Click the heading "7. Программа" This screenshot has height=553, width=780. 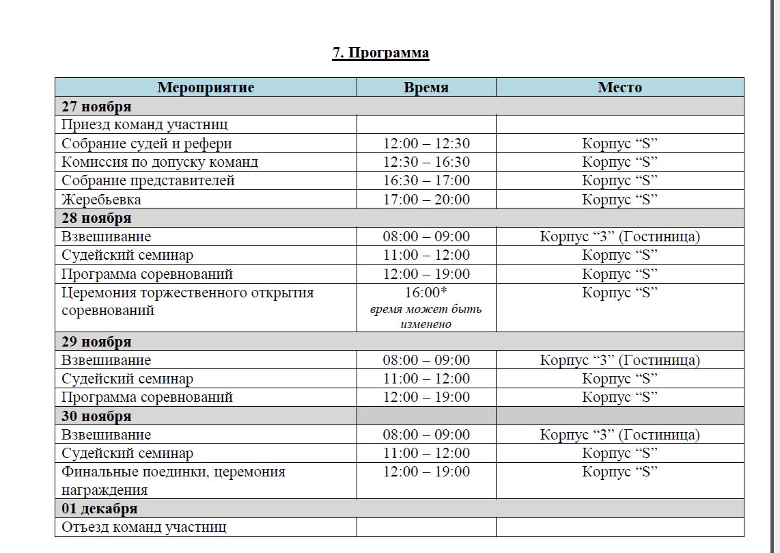(380, 53)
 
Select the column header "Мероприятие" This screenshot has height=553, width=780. (206, 87)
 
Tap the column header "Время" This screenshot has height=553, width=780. (426, 87)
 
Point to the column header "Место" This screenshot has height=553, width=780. (619, 87)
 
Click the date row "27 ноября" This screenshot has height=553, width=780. (96, 107)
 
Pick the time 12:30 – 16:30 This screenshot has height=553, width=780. (426, 163)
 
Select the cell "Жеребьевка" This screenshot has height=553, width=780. (102, 200)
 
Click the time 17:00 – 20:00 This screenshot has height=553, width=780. (426, 200)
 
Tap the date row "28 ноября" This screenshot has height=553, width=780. (96, 219)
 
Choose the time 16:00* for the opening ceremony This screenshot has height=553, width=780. (426, 293)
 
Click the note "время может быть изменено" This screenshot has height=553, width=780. (426, 316)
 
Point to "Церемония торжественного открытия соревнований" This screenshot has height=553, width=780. (187, 301)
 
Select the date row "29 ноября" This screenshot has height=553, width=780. (96, 342)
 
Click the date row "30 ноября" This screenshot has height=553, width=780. (96, 416)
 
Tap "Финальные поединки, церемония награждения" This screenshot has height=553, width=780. (173, 481)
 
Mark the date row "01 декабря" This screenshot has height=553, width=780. (100, 509)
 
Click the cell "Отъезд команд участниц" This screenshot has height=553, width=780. (144, 528)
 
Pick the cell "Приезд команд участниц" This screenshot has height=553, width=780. (145, 125)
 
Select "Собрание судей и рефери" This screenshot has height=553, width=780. (147, 144)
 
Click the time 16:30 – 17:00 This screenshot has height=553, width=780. (426, 181)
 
